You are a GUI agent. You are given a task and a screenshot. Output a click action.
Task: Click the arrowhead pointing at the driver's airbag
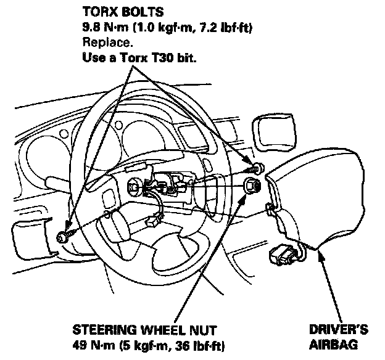[x=319, y=255]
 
